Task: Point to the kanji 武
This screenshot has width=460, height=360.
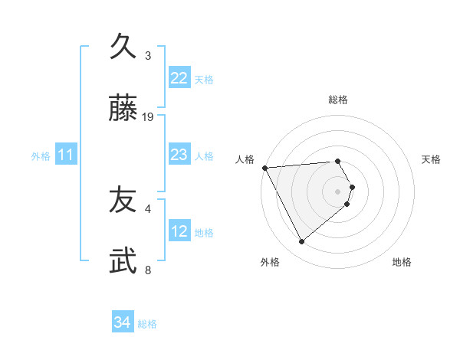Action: tap(123, 261)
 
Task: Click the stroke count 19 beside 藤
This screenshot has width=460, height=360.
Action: tap(149, 116)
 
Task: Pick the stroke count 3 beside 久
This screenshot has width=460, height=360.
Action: tap(148, 55)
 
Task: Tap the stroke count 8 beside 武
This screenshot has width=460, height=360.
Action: tap(148, 270)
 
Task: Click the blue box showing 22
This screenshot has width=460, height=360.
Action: tap(179, 78)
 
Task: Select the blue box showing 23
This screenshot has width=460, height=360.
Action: tap(179, 155)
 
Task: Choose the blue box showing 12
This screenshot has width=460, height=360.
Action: tap(179, 231)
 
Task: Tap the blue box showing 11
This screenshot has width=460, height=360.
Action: tap(66, 155)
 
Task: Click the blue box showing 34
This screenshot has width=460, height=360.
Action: tap(122, 322)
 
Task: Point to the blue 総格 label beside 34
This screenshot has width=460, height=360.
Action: tap(147, 324)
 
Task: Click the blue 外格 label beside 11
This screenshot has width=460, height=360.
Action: tap(41, 156)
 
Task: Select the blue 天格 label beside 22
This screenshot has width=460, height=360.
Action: tap(203, 80)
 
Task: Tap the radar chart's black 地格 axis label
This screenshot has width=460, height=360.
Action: tap(402, 262)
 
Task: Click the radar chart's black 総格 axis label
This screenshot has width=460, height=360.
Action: tap(338, 100)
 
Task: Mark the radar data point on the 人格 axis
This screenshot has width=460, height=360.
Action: tap(264, 168)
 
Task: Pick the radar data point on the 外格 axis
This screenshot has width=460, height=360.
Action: tap(301, 242)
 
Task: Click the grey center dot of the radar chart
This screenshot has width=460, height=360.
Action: tap(338, 191)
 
